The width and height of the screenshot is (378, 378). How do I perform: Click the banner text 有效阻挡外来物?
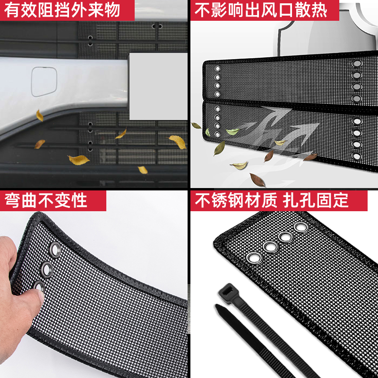(x=62, y=10)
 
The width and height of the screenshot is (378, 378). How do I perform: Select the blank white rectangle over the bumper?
(x=158, y=86)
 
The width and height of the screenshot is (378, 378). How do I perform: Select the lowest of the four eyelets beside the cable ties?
(x=255, y=258)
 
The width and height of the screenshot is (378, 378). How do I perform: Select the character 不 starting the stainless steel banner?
(x=204, y=200)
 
